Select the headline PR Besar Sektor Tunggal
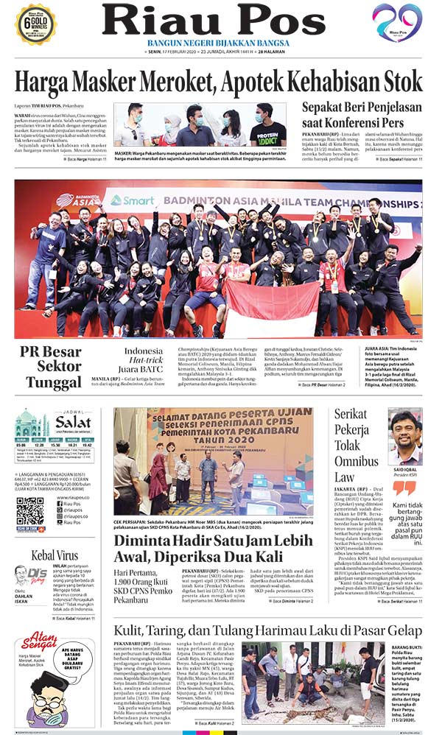pyautogui.click(x=50, y=365)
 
